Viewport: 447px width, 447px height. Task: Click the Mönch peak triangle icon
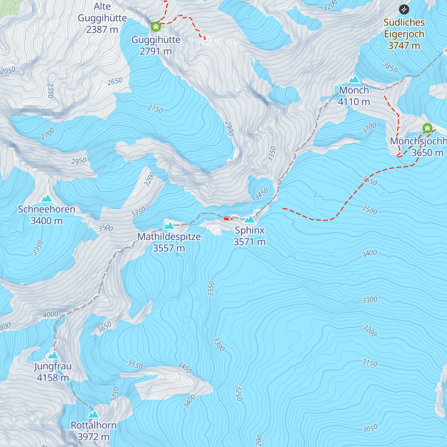(x=354, y=79)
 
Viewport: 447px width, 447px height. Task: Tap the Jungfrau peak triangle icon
(x=53, y=355)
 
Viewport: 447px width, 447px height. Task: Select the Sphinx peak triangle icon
(x=250, y=219)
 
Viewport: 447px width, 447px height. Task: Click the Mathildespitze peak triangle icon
(x=169, y=226)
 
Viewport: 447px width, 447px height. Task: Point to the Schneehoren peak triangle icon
(x=47, y=199)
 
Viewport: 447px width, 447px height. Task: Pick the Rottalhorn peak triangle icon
(x=93, y=414)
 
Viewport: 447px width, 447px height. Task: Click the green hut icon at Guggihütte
(x=156, y=27)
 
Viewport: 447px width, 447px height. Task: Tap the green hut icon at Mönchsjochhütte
(x=427, y=129)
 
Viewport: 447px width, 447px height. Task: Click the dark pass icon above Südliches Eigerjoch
(x=404, y=9)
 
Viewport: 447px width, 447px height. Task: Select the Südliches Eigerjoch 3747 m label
(x=404, y=34)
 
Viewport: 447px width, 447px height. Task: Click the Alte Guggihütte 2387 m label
(x=102, y=18)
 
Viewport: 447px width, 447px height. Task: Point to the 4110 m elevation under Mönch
(x=354, y=102)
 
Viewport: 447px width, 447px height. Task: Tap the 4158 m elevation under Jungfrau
(x=53, y=378)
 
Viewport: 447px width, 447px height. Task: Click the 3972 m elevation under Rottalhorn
(x=93, y=437)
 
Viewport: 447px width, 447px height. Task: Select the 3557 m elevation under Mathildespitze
(x=169, y=248)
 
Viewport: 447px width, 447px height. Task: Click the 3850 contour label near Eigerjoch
(x=390, y=67)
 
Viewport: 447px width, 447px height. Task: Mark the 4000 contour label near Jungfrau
(x=50, y=314)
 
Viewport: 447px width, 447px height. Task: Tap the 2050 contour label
(x=8, y=70)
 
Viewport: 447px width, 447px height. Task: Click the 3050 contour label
(x=370, y=429)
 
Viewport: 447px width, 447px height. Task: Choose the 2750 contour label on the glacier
(x=155, y=109)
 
